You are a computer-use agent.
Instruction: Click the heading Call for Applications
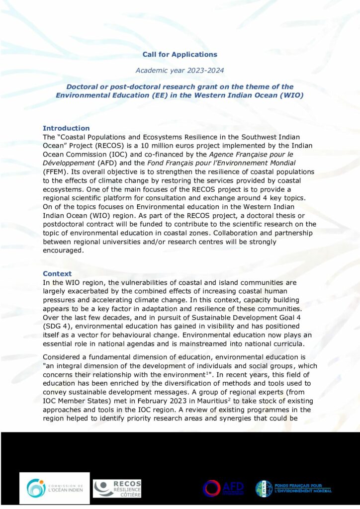tap(180, 54)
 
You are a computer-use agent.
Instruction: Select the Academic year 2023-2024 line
tap(180, 71)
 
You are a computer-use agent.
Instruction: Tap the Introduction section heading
tap(66, 128)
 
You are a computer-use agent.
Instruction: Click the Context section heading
tap(57, 274)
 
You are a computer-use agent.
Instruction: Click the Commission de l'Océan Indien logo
tap(55, 488)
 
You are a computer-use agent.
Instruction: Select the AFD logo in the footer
tap(223, 488)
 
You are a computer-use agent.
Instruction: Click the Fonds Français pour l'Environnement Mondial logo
tap(293, 488)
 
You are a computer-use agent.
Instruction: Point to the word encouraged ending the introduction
tap(63, 251)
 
